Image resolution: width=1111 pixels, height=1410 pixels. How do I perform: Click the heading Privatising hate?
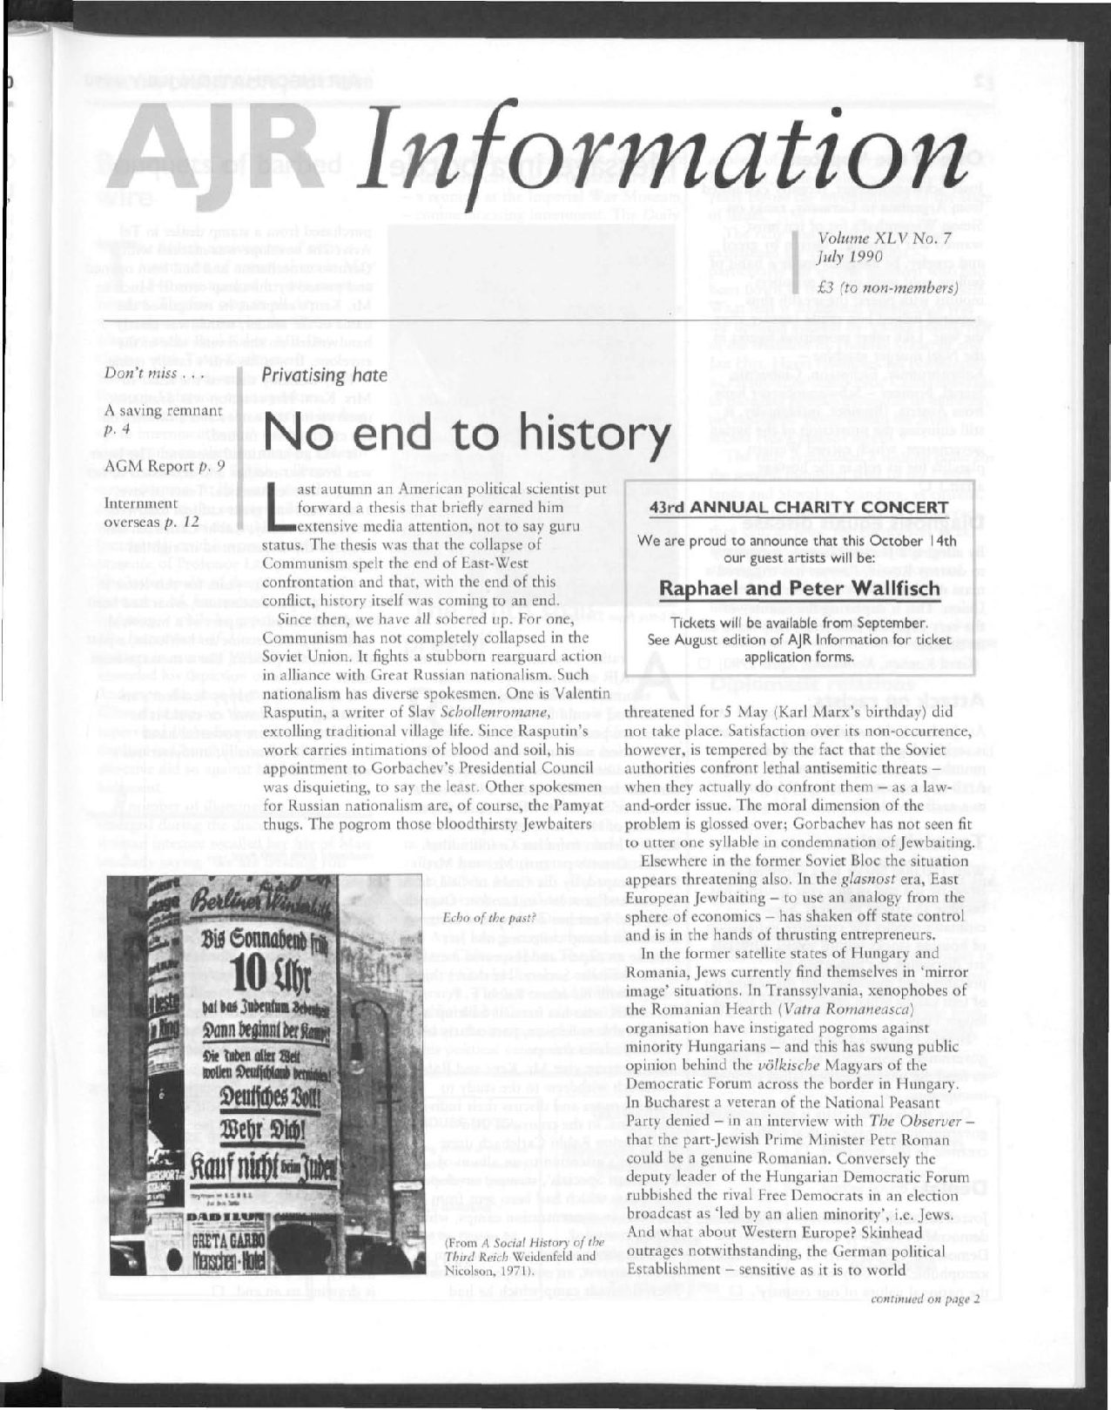[x=324, y=375]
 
